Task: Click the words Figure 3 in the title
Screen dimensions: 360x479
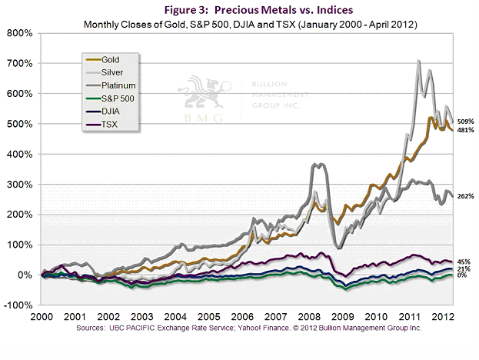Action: click(x=195, y=10)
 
